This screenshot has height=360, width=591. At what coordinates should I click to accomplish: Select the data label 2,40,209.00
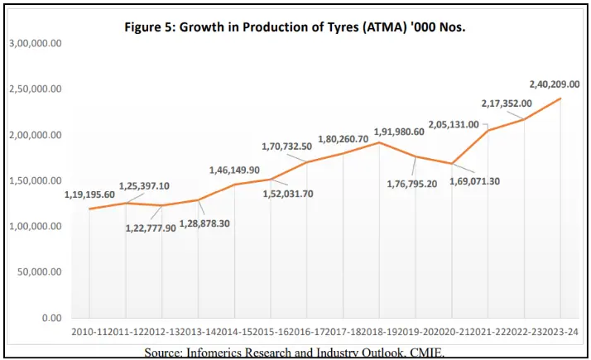pos(559,84)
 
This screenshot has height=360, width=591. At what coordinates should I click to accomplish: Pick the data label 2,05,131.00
pos(454,124)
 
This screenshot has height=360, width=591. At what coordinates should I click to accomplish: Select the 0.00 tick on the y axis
pos(52,318)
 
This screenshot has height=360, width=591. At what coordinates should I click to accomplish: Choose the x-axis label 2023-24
pos(561,333)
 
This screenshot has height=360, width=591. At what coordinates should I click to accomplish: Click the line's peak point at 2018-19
pos(379,142)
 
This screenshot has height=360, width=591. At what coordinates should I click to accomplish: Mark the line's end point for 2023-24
pos(561,98)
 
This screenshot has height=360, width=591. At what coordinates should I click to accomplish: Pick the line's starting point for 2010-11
pos(89,209)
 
